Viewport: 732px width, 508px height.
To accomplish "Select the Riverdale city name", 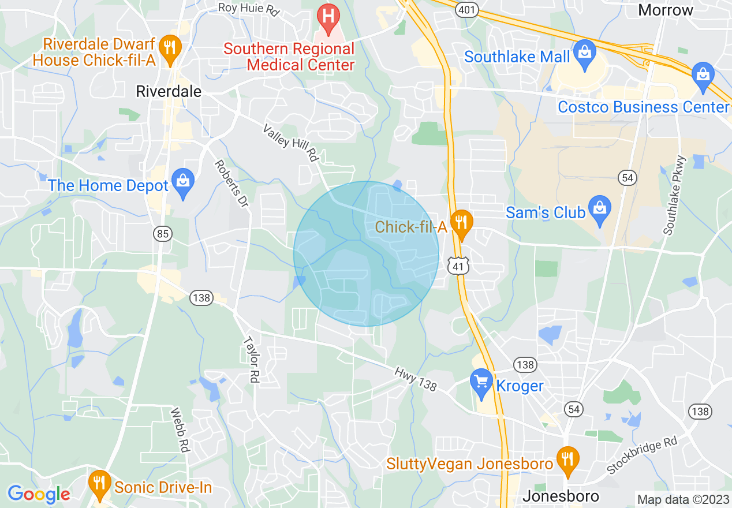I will click(168, 91).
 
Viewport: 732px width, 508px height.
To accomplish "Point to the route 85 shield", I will click(163, 233).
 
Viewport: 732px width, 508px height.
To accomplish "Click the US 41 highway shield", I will click(458, 266).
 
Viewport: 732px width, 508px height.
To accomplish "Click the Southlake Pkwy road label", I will click(674, 195).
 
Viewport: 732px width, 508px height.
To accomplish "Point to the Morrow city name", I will click(666, 10).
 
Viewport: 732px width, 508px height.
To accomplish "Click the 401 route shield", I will click(465, 9).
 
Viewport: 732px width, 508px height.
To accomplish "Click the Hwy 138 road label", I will click(415, 379).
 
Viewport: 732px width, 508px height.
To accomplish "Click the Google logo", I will click(39, 494).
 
